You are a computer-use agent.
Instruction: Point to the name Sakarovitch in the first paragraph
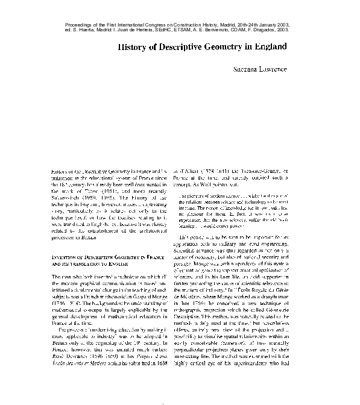point(68,196)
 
